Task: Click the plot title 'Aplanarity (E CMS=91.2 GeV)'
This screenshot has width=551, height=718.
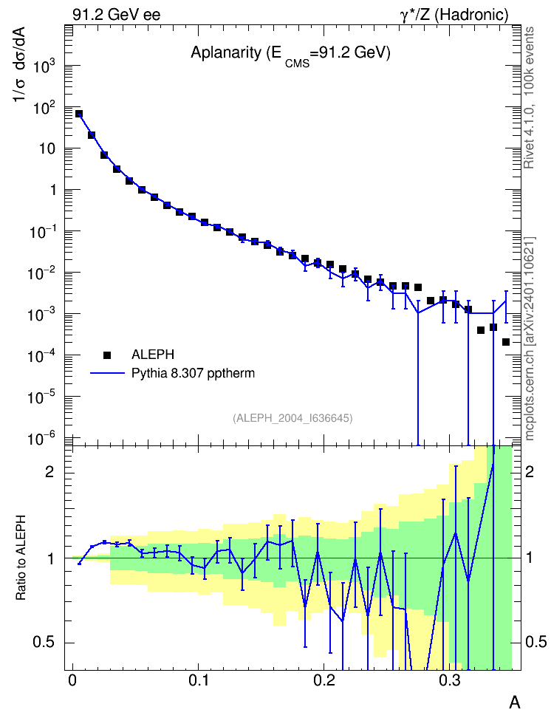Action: (290, 55)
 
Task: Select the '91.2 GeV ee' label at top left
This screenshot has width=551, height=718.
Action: (117, 15)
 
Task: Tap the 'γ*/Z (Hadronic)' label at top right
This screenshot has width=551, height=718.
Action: (454, 15)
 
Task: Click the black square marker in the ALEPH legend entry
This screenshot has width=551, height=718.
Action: (107, 355)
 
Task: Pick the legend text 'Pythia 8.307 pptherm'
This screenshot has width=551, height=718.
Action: (193, 374)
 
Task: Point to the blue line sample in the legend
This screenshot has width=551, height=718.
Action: (107, 374)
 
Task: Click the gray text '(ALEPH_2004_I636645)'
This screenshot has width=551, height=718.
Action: (292, 418)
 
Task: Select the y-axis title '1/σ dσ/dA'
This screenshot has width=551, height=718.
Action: (19, 64)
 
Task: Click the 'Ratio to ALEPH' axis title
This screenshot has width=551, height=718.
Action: (21, 558)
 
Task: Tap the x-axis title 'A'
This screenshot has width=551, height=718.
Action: (515, 702)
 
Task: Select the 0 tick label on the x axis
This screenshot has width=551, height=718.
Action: (72, 680)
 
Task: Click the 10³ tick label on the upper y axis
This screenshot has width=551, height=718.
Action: (44, 66)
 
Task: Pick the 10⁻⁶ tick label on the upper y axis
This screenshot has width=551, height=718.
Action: (42, 439)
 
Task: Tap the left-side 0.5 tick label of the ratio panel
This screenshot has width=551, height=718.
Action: (43, 643)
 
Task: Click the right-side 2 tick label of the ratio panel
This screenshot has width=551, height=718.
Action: (530, 471)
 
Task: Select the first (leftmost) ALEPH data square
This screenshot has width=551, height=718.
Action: (79, 114)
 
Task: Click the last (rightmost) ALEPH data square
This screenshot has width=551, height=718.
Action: (506, 342)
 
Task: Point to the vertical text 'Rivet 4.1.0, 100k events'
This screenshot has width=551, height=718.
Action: (529, 98)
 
